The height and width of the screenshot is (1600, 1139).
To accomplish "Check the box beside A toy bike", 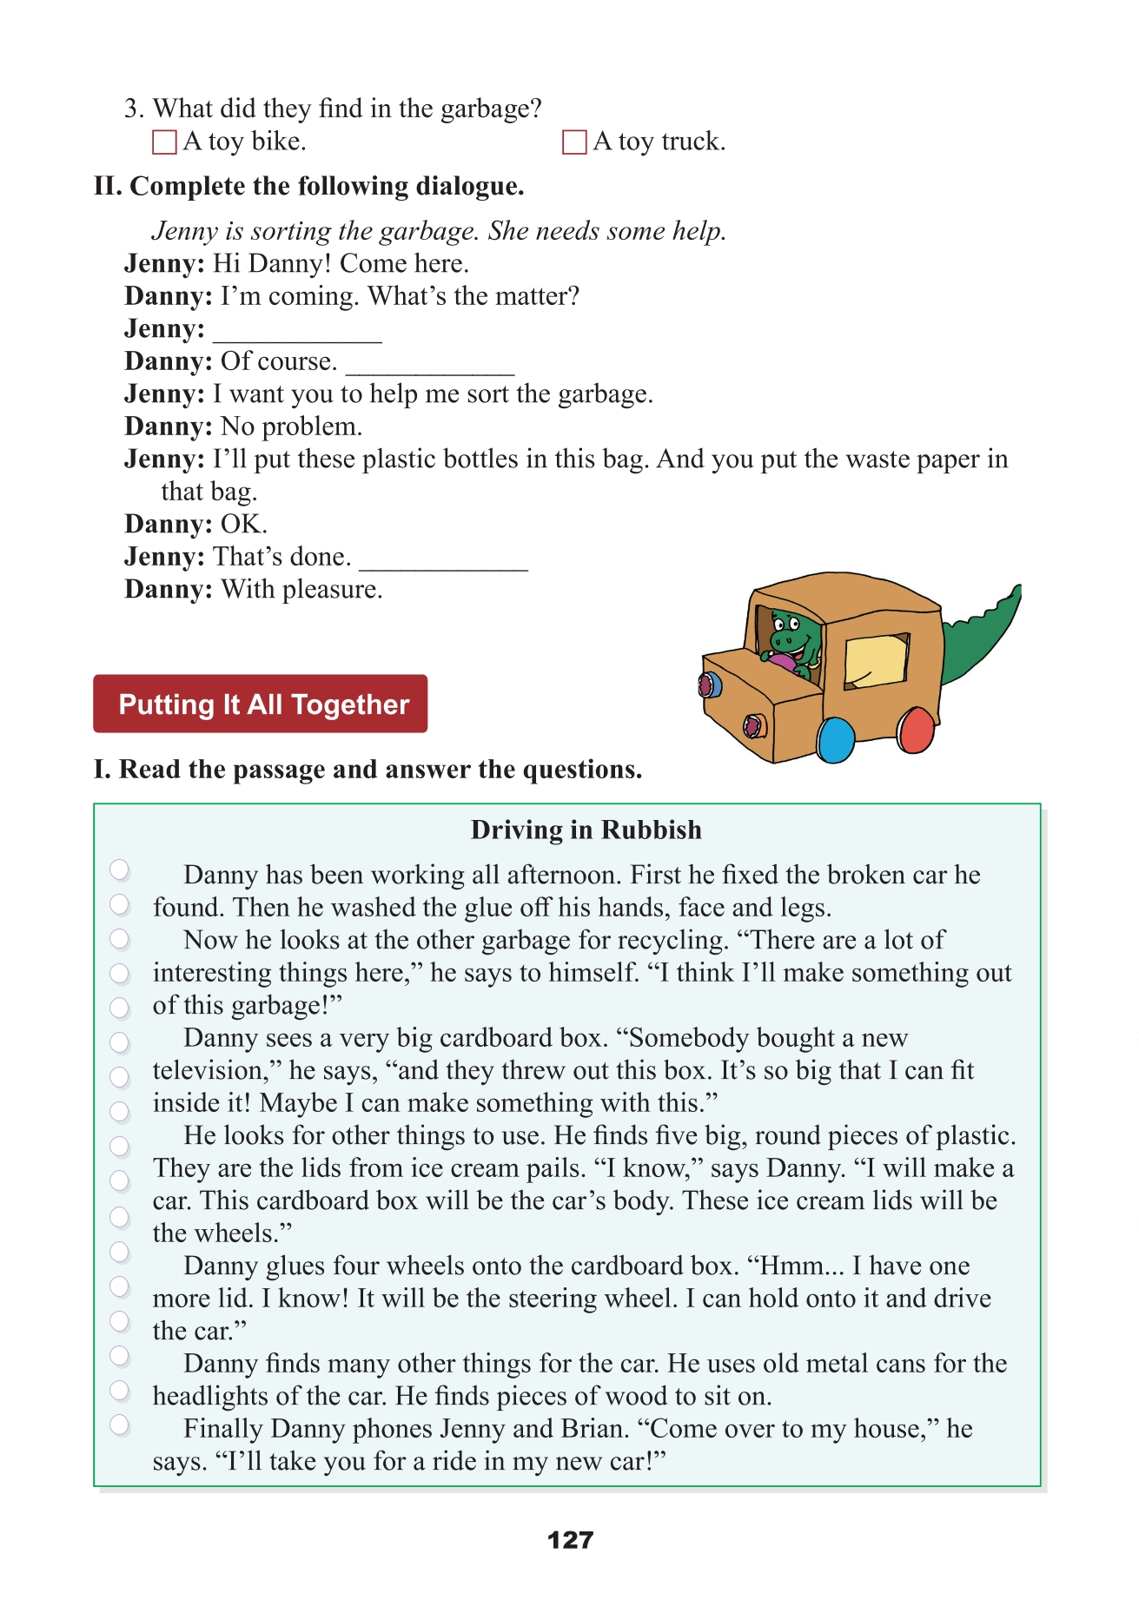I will click(164, 142).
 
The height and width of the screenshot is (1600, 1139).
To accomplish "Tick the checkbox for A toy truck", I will click(574, 142).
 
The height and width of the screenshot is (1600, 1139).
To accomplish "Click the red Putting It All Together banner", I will click(260, 704).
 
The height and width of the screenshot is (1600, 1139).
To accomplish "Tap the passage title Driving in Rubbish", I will click(586, 830).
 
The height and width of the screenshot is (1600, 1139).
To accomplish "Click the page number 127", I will click(570, 1540).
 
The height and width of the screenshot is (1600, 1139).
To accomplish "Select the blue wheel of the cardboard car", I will click(836, 739).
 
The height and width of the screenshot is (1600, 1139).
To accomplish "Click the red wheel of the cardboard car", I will click(915, 730).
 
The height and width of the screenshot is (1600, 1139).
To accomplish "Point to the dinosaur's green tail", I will click(982, 638).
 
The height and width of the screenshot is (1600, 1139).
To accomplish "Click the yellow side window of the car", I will click(875, 659).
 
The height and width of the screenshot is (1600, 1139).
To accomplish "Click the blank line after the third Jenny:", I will click(297, 334).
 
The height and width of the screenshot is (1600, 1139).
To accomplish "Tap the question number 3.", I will click(132, 109).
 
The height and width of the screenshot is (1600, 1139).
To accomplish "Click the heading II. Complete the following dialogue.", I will click(309, 187).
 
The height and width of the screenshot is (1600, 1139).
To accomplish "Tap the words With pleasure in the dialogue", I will click(301, 590).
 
